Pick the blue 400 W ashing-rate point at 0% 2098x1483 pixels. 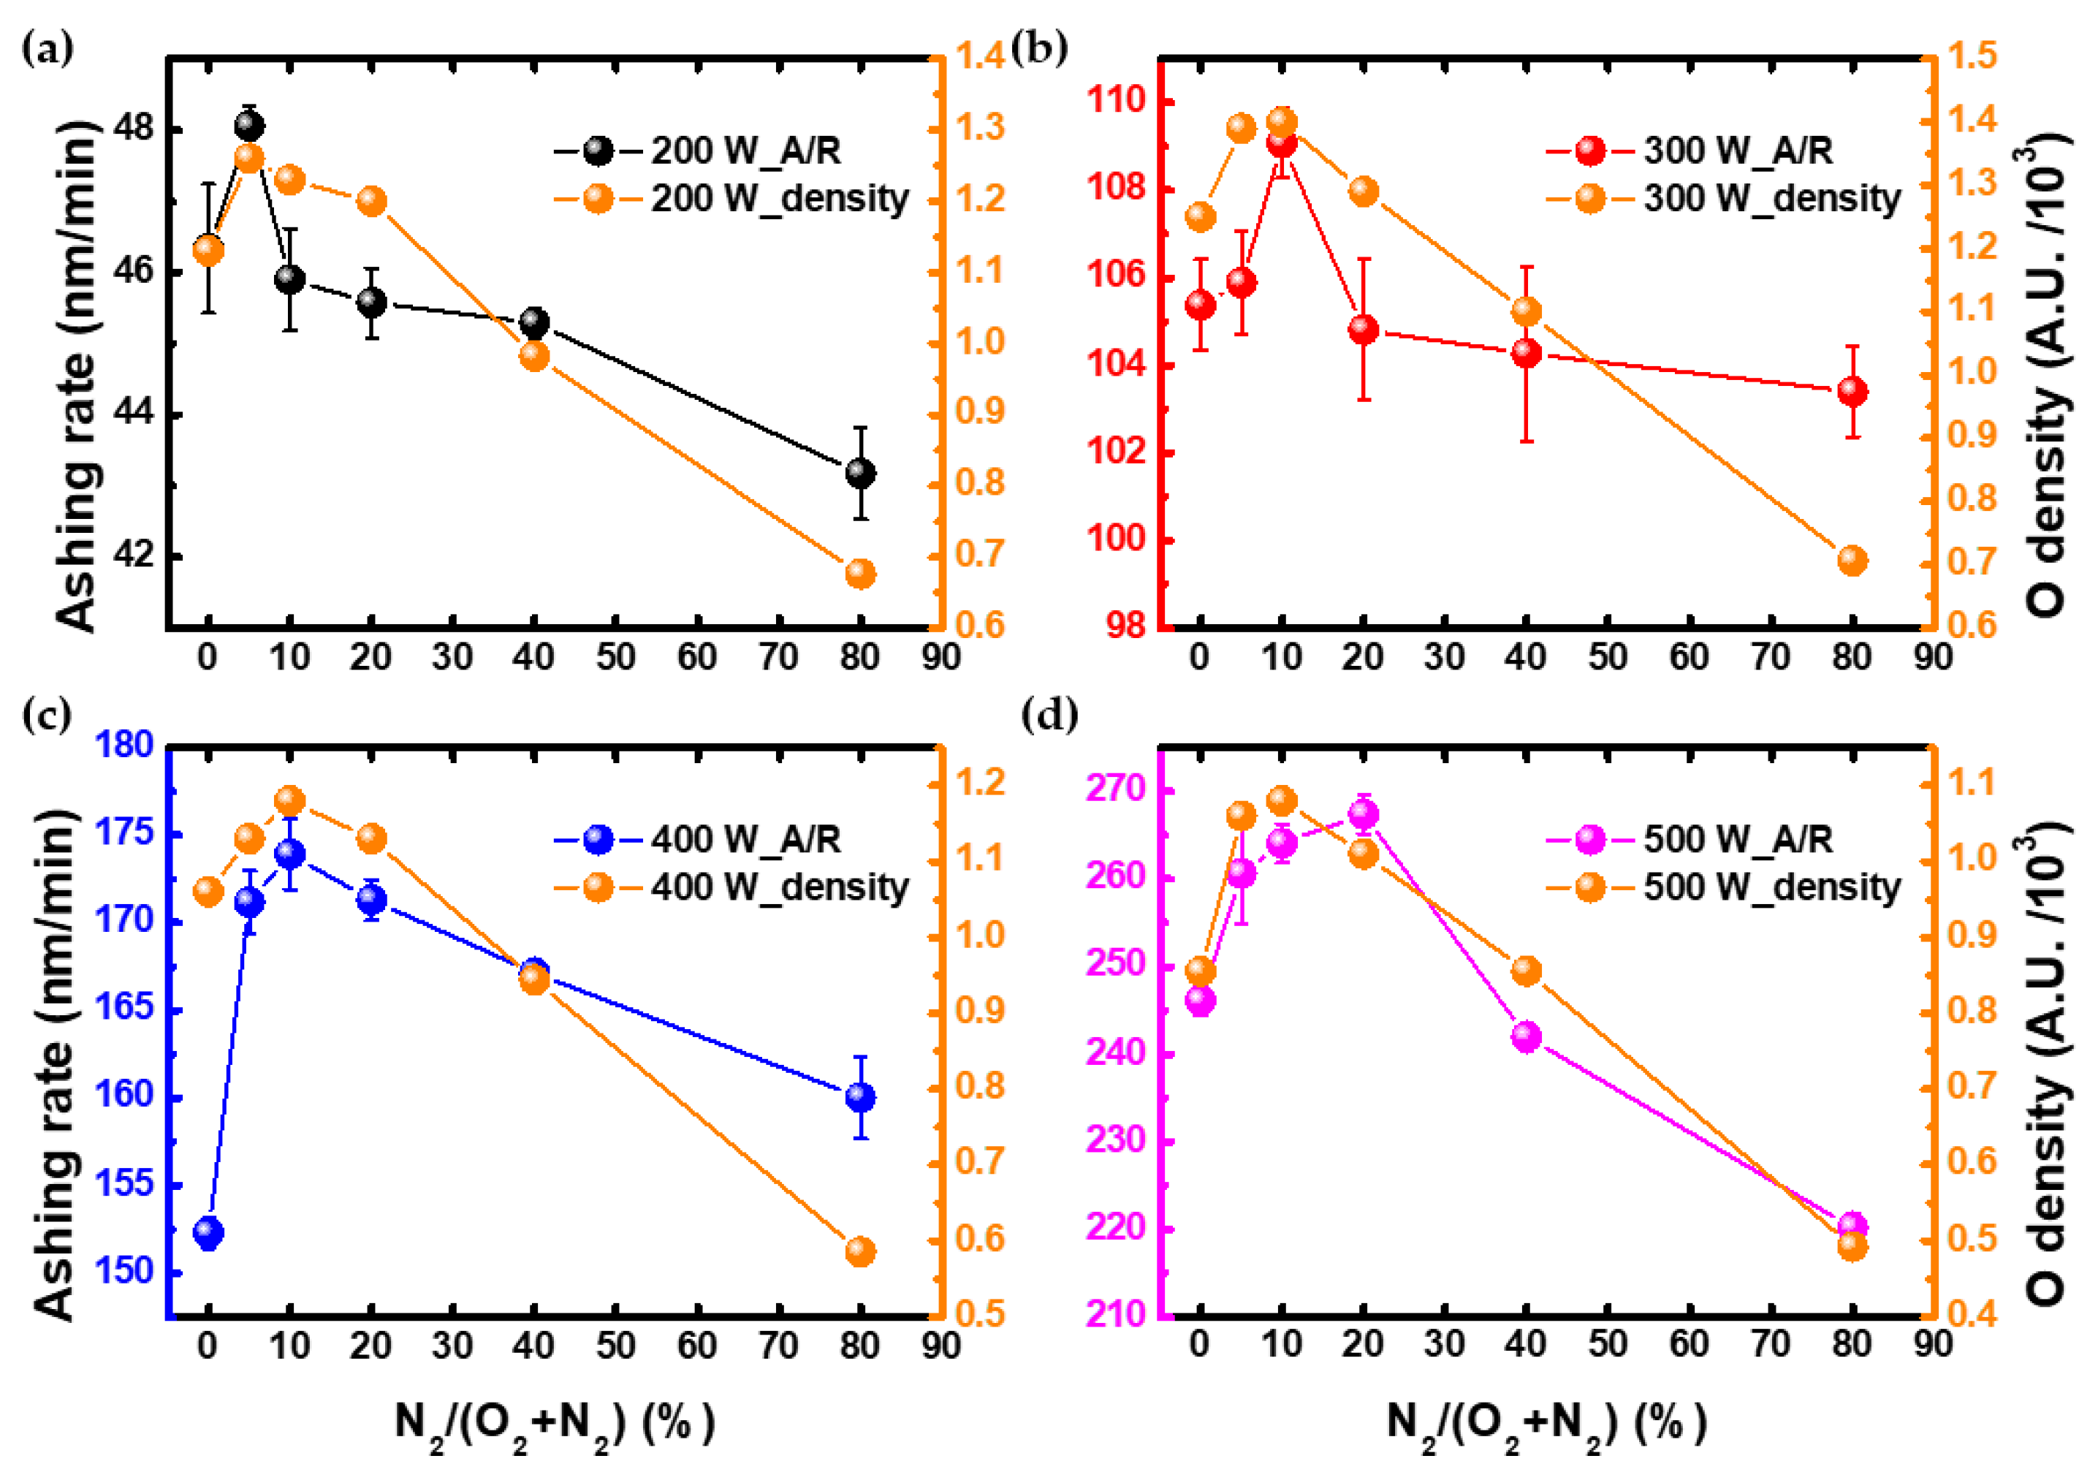(208, 1232)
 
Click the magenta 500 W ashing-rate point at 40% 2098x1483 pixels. (1526, 1037)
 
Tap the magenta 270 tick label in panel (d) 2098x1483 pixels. (1116, 789)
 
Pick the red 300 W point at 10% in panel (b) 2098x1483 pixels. (1281, 142)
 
